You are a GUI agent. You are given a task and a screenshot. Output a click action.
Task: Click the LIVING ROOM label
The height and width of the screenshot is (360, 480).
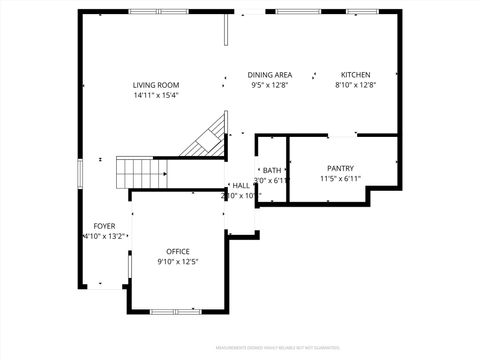[x=156, y=85]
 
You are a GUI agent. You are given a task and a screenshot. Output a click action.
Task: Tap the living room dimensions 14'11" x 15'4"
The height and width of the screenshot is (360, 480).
[x=156, y=96]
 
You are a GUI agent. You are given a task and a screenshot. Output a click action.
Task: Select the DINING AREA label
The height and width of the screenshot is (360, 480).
[x=270, y=75]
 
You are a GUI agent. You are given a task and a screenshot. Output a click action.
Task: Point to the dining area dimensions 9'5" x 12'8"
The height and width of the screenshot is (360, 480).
[x=270, y=86]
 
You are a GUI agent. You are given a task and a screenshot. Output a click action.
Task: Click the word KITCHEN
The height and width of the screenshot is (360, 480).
[x=355, y=75]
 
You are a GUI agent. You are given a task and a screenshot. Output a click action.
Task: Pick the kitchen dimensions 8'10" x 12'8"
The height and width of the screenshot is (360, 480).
[x=355, y=86]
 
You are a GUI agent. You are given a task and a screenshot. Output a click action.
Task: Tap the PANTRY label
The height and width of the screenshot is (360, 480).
[x=340, y=168]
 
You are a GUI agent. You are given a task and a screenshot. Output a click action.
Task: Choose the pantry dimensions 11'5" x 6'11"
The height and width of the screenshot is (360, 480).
[x=340, y=179]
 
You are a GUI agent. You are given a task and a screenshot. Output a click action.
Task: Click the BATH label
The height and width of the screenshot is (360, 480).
[x=271, y=170]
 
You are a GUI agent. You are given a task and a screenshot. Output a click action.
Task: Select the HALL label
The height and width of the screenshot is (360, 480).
[x=241, y=186]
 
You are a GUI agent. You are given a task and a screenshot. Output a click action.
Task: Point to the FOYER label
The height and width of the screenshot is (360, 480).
[x=104, y=226]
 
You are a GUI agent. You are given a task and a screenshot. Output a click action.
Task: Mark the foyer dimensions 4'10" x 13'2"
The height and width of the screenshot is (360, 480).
[x=104, y=237]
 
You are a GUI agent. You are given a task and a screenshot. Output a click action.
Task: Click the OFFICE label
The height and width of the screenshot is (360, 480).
[x=178, y=251]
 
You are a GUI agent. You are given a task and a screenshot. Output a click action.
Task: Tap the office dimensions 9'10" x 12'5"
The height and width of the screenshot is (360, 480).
[x=178, y=262]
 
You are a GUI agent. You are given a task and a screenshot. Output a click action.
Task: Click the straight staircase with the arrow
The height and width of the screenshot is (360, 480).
[x=141, y=173]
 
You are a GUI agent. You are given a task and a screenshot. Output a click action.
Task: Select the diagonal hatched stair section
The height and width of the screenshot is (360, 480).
[x=205, y=139]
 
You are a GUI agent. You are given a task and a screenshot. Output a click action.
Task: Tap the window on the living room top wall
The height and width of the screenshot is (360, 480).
[x=157, y=11]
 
